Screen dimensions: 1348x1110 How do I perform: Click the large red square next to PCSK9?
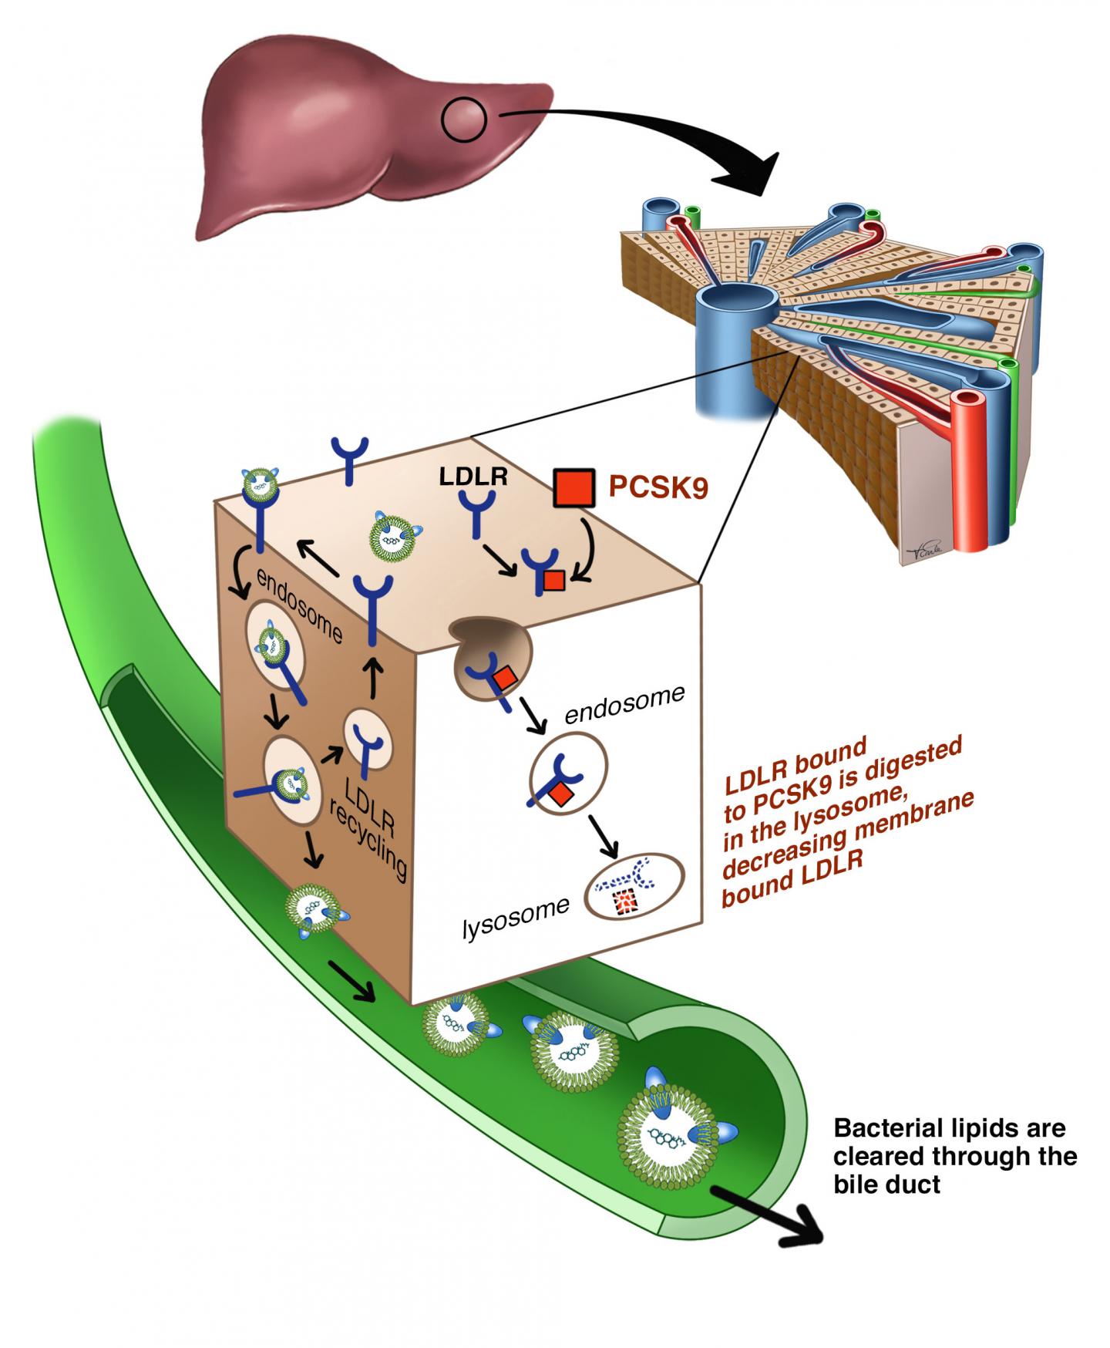coord(574,487)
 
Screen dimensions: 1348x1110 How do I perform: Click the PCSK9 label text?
coord(658,487)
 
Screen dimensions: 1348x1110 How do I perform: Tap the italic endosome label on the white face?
coord(624,705)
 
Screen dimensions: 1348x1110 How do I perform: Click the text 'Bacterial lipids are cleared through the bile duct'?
coord(954,1156)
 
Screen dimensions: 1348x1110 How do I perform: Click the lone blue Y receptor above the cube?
coord(350,460)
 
